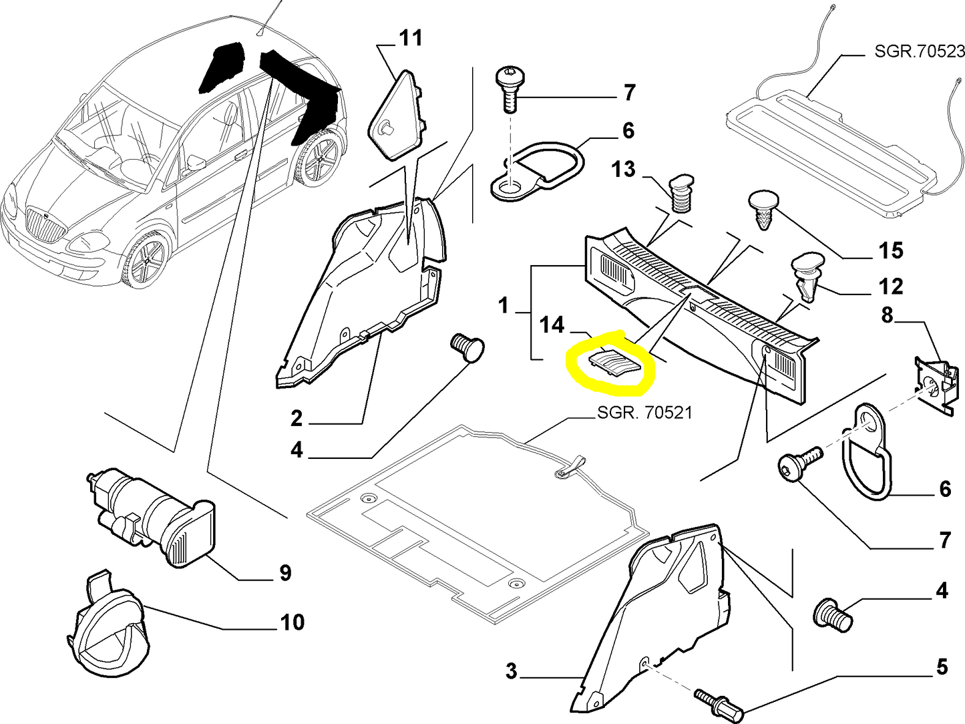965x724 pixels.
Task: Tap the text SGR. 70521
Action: [x=644, y=413]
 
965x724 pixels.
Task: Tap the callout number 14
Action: [x=552, y=325]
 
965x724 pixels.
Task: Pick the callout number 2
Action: [x=297, y=419]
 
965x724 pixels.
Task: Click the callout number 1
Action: [x=504, y=306]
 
